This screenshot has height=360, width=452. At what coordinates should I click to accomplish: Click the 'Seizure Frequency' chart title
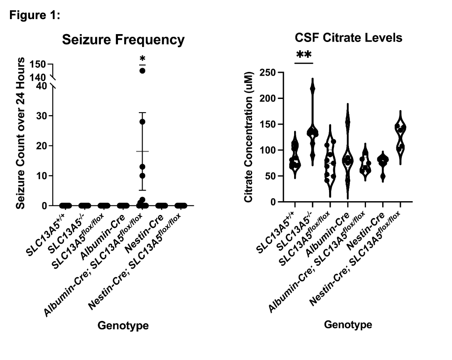123,40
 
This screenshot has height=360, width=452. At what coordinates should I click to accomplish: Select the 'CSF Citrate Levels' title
348,38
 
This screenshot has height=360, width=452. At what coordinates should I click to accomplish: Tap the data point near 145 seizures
142,71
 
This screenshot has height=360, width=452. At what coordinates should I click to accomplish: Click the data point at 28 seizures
142,122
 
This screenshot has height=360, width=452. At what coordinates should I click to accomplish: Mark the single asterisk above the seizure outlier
142,58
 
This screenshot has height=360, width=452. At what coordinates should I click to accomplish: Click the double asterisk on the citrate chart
304,55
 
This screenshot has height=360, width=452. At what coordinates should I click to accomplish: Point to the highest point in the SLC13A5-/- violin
312,89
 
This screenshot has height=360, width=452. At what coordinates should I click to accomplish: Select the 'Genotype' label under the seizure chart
123,325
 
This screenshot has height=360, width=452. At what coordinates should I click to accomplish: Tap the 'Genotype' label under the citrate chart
348,324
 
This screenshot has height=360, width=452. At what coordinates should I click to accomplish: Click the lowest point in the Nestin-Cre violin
382,176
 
